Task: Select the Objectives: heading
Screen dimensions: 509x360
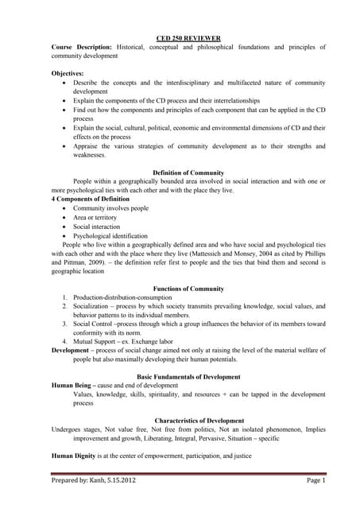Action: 68,72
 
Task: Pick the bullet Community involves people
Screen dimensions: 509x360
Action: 110,208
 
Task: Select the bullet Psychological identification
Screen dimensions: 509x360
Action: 110,236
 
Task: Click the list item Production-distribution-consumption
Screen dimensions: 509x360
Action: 123,297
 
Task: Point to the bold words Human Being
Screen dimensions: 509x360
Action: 72,385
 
